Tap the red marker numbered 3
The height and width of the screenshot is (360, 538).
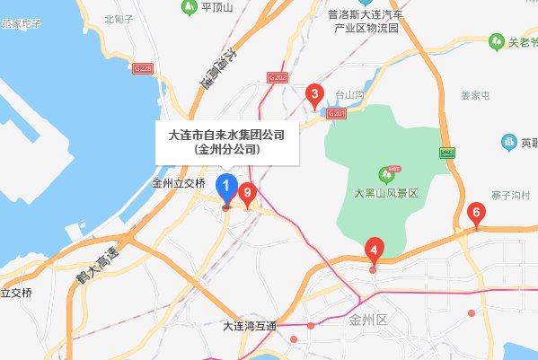314,93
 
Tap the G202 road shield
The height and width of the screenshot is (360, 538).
277,79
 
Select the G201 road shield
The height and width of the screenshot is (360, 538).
337,113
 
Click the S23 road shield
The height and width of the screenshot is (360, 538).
447,154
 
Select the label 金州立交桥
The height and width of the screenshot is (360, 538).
180,183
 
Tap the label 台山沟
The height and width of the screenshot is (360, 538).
350,92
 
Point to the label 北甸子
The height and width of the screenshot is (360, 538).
118,18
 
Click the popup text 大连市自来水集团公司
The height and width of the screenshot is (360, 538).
227,135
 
